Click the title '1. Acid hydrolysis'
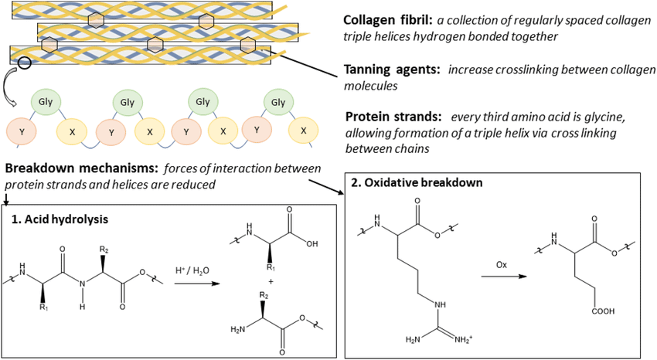60,219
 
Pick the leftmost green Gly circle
45,102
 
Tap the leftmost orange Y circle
21,131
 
